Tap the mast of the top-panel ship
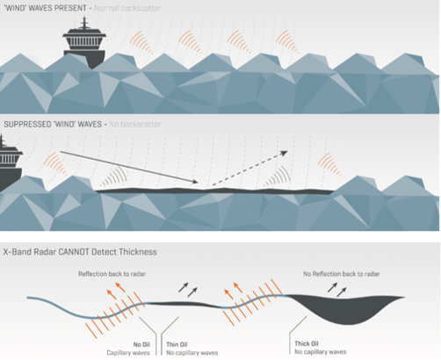coord(84,23)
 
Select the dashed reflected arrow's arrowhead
coord(284,153)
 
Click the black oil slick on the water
coord(215,191)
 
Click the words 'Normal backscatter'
coord(127,8)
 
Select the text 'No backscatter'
coord(135,125)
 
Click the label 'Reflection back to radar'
coord(112,274)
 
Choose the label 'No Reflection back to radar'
coord(342,274)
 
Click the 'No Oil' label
coord(141,344)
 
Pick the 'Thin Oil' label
coord(177,344)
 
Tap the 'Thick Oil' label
coord(307,343)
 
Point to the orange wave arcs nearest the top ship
coord(141,42)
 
